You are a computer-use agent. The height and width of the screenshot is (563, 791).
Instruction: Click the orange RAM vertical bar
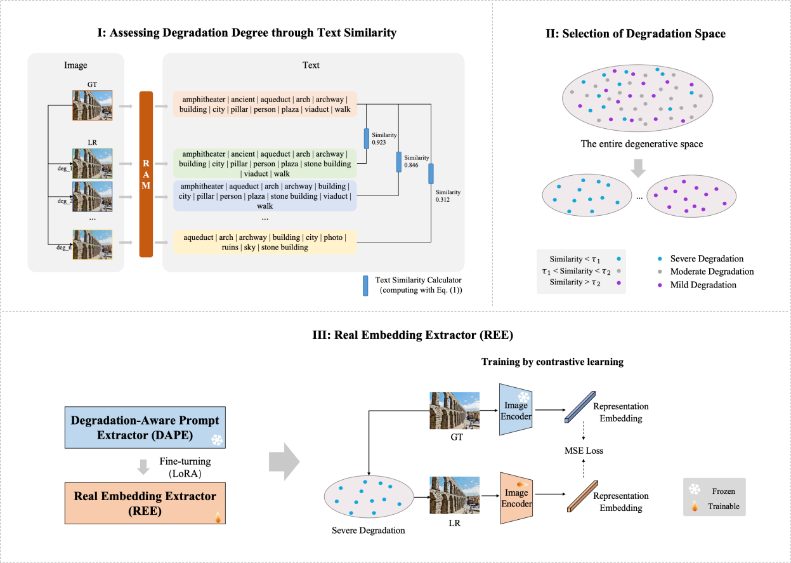click(x=146, y=175)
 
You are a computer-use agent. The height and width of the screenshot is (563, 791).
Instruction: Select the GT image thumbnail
click(x=92, y=105)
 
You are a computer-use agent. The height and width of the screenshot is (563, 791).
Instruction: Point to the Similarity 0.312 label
click(x=448, y=196)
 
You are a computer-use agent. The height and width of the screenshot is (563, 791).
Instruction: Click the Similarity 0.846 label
click(x=416, y=161)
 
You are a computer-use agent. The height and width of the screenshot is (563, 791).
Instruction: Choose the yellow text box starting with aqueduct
click(x=265, y=242)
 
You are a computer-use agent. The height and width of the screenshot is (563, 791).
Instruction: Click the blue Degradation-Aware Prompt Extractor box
click(x=145, y=428)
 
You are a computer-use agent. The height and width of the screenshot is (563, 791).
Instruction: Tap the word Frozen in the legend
click(x=724, y=491)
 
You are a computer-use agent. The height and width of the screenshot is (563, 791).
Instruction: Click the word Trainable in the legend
click(x=724, y=507)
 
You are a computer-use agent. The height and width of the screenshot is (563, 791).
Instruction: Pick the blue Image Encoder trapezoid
click(x=515, y=410)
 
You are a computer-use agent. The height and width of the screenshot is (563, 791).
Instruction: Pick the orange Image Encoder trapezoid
click(x=515, y=498)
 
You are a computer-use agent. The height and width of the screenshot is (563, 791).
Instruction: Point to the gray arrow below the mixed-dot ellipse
click(x=639, y=168)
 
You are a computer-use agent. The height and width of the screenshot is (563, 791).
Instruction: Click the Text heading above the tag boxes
click(x=311, y=65)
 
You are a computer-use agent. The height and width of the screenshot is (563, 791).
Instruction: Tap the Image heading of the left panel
click(x=75, y=65)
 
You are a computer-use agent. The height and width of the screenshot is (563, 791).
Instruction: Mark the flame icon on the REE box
click(x=218, y=517)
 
